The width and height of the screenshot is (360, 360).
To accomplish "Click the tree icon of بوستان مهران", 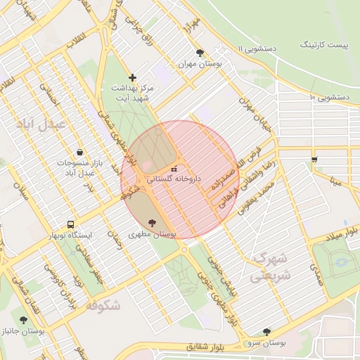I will point(200,53).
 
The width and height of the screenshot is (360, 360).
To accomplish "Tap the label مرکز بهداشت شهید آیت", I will point(132,94).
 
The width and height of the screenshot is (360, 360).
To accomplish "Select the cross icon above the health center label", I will point(132,77).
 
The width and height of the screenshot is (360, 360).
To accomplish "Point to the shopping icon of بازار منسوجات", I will point(79,152).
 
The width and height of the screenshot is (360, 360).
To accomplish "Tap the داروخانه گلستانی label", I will point(174,179).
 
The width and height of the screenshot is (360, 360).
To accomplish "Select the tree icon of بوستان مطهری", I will point(153,223).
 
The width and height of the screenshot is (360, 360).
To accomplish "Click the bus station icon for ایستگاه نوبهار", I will point(70,224).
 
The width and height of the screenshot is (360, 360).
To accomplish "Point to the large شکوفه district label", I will point(103,305).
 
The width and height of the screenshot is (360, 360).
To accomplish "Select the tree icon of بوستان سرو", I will point(266,332).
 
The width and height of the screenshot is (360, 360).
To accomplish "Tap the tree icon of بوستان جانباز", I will point(23,320).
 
